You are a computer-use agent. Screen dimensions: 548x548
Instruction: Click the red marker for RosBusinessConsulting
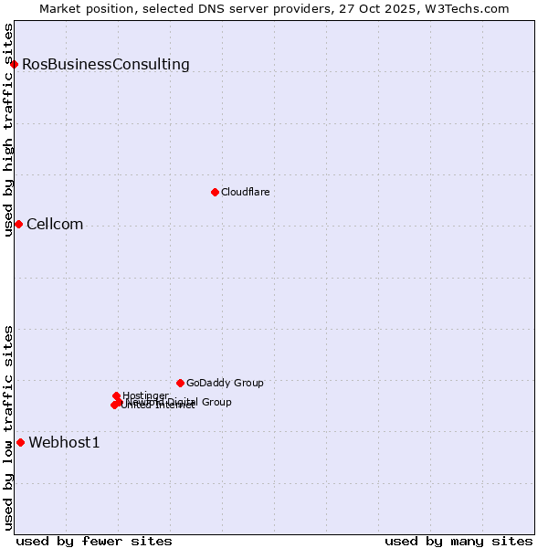pos(15,64)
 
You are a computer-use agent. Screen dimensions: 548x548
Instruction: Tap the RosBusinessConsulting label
pos(106,65)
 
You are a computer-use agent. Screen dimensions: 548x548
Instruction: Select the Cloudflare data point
pos(215,192)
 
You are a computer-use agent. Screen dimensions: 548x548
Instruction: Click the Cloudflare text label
pos(245,193)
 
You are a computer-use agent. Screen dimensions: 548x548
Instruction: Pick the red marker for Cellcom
pos(18,225)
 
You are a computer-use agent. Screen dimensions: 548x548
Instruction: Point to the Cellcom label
pos(55,225)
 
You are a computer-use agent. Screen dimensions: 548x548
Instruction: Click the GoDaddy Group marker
pos(180,383)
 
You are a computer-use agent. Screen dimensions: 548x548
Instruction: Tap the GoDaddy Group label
pos(225,384)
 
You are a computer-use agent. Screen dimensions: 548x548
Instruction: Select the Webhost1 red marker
pos(20,443)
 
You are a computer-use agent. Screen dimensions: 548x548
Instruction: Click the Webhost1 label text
pos(64,443)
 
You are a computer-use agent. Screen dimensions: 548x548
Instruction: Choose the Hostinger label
pos(145,395)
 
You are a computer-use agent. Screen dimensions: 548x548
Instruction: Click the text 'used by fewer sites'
pos(94,542)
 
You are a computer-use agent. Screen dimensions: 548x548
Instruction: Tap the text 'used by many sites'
pos(458,542)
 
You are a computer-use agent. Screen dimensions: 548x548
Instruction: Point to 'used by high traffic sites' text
pos(9,130)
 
